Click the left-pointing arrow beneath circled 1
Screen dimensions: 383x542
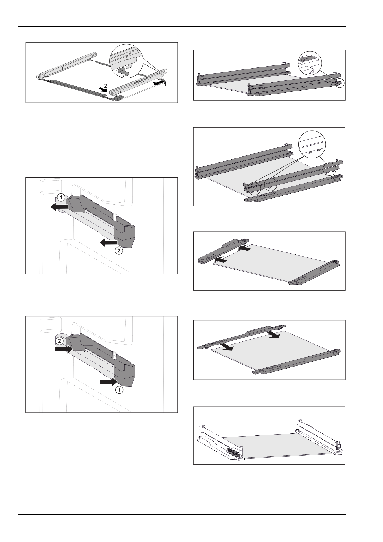coord(59,207)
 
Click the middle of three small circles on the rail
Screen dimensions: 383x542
coord(271,184)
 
